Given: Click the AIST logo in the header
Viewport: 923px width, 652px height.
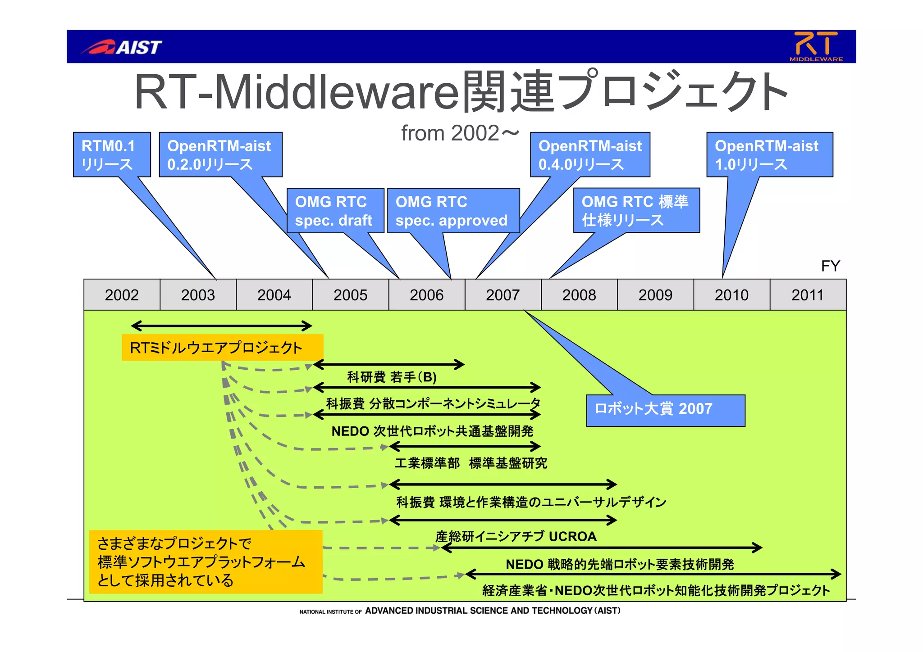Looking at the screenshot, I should tap(122, 47).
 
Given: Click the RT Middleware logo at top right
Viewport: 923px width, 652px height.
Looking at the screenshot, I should tap(816, 46).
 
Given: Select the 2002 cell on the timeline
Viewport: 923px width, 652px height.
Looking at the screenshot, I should tap(122, 295).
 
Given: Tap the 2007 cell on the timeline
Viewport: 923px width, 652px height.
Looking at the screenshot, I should tap(503, 295).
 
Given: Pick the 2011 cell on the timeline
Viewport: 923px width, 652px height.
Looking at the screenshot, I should tap(807, 295).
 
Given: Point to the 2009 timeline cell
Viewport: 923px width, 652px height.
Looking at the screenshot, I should tap(655, 295).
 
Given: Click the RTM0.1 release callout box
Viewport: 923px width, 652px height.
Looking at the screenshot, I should tap(111, 154).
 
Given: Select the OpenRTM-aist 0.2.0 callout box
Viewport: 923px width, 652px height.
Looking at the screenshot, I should tap(220, 154).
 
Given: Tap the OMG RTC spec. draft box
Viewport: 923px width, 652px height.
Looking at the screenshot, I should tap(335, 211).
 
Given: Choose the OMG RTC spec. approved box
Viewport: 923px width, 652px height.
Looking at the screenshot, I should tap(452, 211).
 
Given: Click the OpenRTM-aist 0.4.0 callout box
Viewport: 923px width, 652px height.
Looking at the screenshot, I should tap(589, 154).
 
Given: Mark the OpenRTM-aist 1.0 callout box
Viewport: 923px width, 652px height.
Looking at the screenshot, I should tap(769, 154).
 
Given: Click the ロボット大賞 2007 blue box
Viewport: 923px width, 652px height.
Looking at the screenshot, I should tap(665, 410).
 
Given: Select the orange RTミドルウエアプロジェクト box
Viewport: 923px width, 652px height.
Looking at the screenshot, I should tap(222, 348).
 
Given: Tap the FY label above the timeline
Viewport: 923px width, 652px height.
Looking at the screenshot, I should tap(830, 266).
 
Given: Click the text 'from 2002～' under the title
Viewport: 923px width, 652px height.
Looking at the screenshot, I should tap(460, 133).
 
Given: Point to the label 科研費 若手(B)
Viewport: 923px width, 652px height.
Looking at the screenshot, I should tap(392, 377).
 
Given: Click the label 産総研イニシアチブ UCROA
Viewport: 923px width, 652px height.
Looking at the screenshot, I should tap(516, 536).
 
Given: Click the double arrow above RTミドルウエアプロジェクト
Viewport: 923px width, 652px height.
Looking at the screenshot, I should tap(221, 326).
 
